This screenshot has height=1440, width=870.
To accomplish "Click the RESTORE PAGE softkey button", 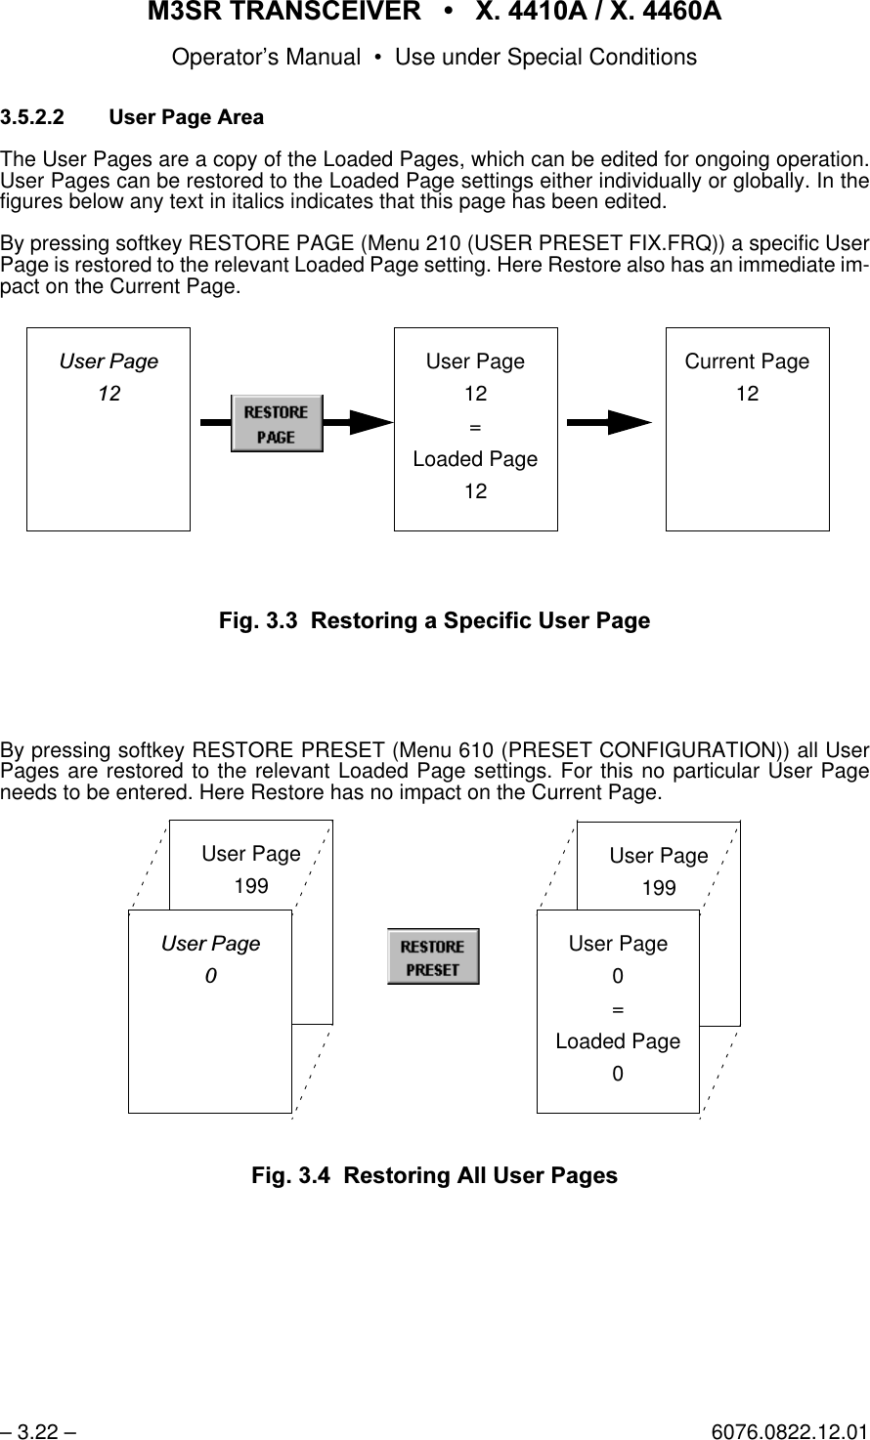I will coord(277,423).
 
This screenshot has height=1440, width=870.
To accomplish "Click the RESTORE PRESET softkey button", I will coord(433,956).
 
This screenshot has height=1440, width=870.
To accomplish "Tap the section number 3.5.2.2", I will coord(34,118).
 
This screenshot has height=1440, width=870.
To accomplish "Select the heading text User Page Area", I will coord(186,118).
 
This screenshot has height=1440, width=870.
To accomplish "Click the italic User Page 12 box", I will coord(109,429).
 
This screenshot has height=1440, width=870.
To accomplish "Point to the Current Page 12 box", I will coord(747,429).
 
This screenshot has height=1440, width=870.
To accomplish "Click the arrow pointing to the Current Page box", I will coord(610,422).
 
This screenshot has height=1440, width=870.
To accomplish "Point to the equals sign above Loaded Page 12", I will coord(475,427).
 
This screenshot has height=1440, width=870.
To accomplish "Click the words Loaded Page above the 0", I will coord(618,1041).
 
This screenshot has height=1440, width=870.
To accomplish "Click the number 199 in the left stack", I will coord(251,886).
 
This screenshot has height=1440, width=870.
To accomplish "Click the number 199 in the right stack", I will coord(659,888).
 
